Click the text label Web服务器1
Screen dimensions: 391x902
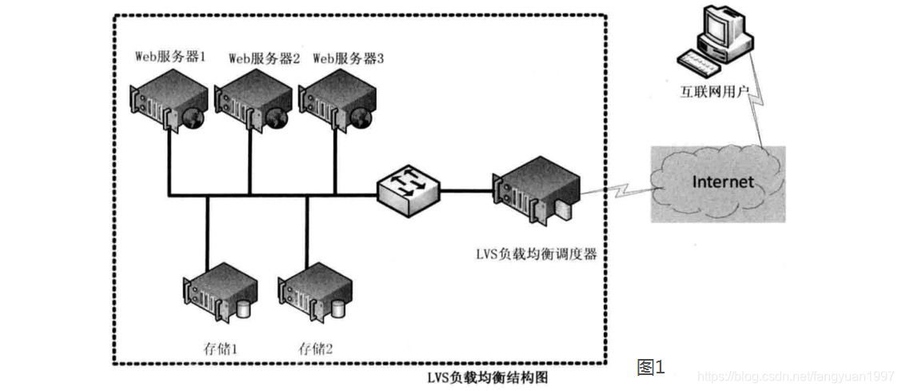171,58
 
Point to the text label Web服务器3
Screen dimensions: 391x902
348,58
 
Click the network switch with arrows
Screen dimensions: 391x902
408,190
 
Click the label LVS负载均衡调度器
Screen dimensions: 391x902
536,253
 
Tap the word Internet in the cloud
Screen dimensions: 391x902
722,182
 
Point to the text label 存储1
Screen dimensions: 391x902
222,349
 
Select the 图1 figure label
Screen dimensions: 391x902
650,367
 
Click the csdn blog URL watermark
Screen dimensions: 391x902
795,375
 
